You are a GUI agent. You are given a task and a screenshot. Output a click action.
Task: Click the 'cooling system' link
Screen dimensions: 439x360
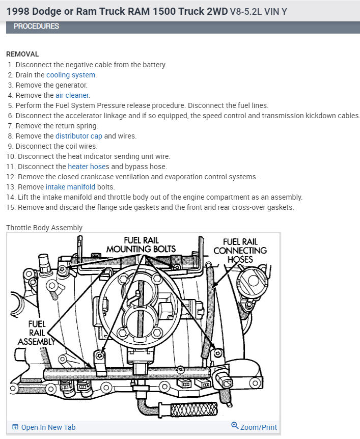71,75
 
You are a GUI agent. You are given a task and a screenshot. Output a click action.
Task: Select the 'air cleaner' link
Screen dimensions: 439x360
72,95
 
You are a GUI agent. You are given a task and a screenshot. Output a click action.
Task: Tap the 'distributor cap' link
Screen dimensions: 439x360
78,136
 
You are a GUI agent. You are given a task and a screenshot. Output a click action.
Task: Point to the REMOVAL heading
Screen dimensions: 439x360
22,54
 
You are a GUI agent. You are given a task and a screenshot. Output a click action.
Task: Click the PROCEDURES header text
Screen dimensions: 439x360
36,26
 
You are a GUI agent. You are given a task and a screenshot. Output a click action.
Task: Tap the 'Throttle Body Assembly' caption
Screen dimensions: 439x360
44,228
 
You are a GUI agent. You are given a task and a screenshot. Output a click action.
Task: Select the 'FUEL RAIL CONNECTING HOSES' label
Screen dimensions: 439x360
240,250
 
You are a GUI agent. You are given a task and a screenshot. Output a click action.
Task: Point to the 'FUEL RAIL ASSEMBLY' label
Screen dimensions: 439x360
37,332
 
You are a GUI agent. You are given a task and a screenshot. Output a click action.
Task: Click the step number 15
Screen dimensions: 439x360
11,207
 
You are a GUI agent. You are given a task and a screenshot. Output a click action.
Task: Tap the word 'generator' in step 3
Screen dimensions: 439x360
72,85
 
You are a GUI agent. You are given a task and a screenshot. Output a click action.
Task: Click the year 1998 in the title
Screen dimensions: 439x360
18,11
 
